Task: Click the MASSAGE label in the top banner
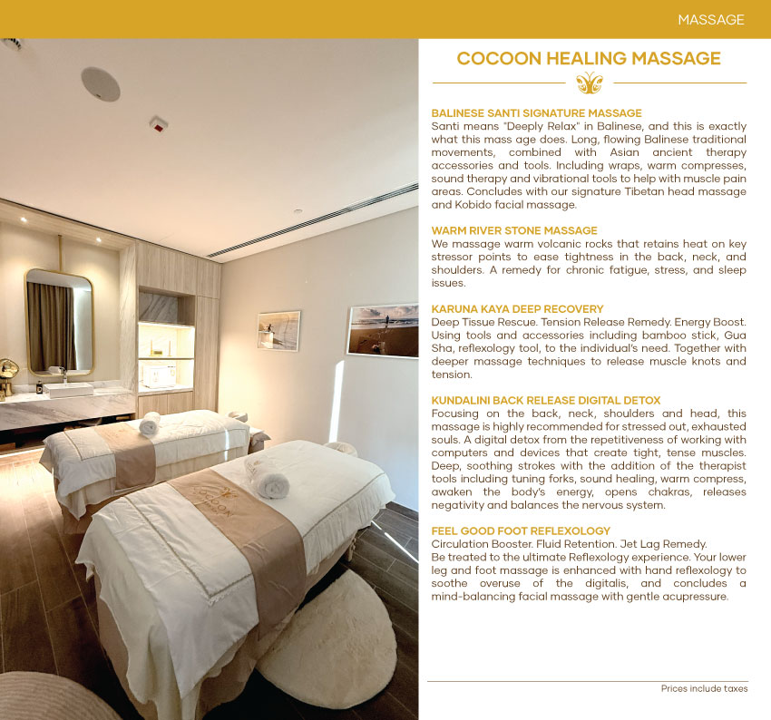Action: pos(710,19)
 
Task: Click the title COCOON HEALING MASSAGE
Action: pos(589,59)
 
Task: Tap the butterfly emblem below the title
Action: pos(589,83)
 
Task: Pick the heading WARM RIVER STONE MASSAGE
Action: pos(513,230)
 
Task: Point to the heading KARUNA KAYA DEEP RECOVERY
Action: pos(517,309)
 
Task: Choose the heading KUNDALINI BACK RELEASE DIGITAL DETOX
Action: pos(545,400)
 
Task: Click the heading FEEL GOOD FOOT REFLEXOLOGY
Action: pos(521,530)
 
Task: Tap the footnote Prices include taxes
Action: pos(704,689)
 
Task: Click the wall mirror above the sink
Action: pos(59,322)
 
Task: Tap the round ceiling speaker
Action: pos(100,83)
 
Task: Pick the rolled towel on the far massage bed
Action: pos(150,423)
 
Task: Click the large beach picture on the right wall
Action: pos(382,330)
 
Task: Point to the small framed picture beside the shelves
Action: pos(278,330)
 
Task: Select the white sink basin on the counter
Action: pos(69,389)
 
